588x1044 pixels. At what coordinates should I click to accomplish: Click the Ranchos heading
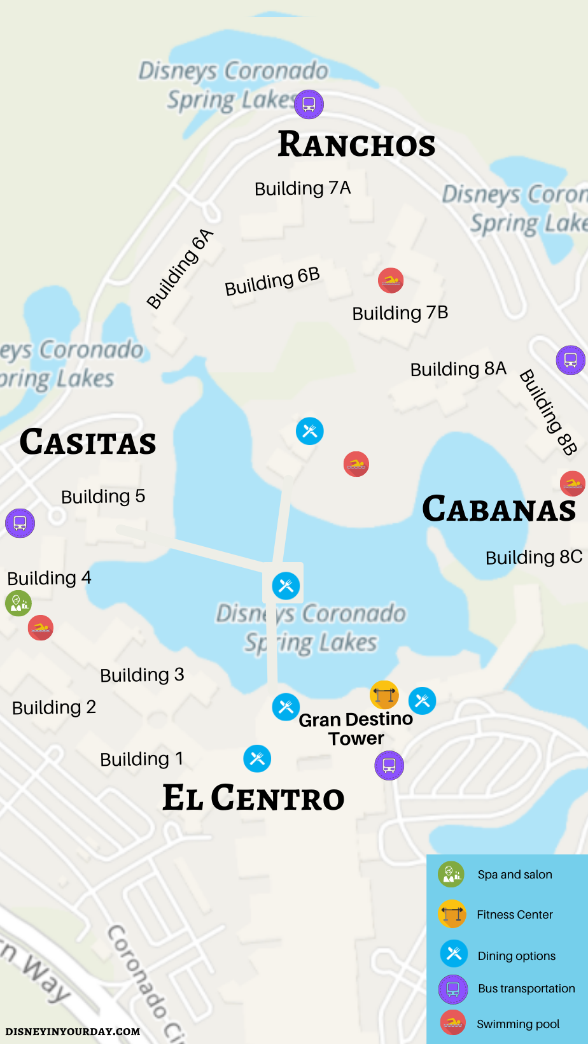[x=356, y=145]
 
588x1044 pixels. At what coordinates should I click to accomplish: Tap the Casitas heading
[x=88, y=442]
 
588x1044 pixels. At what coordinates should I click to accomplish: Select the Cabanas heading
[x=499, y=509]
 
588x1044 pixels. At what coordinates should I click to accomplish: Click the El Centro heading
[x=253, y=798]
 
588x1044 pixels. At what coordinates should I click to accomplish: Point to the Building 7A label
[x=302, y=188]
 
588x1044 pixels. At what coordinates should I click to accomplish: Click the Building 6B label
[x=272, y=281]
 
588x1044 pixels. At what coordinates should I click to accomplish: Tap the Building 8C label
[x=534, y=558]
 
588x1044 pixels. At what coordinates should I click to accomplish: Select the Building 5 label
[x=103, y=497]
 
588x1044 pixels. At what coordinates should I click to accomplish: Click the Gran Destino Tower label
[x=356, y=729]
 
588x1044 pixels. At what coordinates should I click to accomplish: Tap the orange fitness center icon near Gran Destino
[x=384, y=695]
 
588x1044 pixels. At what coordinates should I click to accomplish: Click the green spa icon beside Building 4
[x=18, y=603]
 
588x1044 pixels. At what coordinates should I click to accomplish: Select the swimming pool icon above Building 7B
[x=391, y=280]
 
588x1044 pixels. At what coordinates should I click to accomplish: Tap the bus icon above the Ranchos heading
[x=309, y=104]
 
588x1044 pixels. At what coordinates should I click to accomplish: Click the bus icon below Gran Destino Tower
[x=389, y=765]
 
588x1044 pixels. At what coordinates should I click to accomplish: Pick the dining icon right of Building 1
[x=257, y=758]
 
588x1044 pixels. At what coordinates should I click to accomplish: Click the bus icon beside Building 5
[x=20, y=523]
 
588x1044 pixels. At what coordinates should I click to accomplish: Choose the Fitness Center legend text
[x=514, y=915]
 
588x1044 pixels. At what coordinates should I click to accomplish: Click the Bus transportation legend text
[x=526, y=989]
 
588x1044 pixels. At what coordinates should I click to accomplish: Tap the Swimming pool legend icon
[x=453, y=1023]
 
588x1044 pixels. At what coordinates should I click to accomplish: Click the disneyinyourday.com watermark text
[x=73, y=1031]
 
